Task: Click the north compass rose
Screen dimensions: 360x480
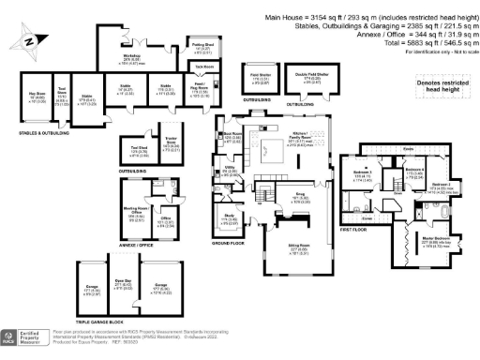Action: [27, 40]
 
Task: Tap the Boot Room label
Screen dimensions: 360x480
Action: [231, 137]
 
